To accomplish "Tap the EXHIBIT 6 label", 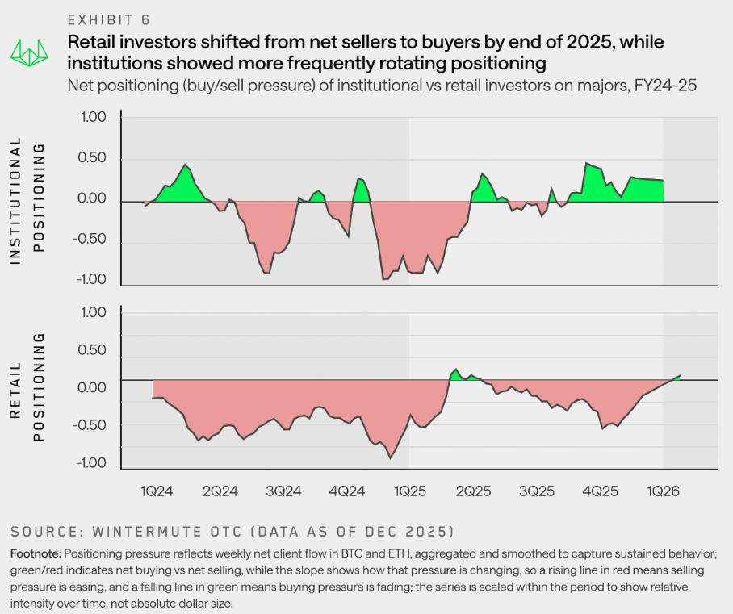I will click(x=109, y=19).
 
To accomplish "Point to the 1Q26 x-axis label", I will click(x=664, y=490).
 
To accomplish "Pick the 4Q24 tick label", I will click(x=347, y=490).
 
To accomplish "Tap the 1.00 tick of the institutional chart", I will click(x=94, y=117).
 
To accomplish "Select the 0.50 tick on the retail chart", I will click(x=94, y=349).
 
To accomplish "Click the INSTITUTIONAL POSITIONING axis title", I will click(x=25, y=199).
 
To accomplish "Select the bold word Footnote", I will click(x=33, y=554).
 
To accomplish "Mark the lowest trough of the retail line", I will click(x=391, y=458).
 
